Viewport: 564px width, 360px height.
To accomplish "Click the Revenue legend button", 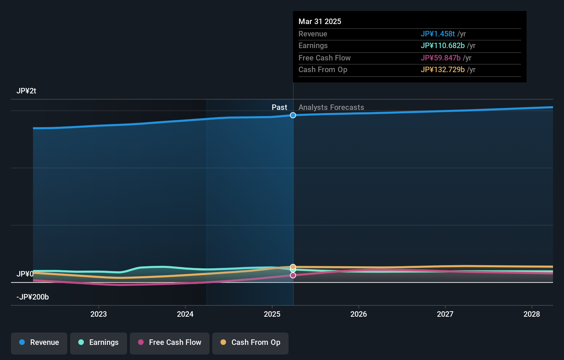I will (39, 342).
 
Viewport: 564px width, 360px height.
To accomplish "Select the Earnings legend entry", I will (99, 342).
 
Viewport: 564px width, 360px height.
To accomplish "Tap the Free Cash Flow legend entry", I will (170, 342).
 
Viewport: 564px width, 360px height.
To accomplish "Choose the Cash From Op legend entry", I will (250, 342).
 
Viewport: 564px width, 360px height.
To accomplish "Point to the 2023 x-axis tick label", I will (99, 314).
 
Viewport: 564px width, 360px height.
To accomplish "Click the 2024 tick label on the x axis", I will (185, 314).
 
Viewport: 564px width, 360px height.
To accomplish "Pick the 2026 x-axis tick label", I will (359, 314).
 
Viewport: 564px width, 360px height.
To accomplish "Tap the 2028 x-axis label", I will (531, 314).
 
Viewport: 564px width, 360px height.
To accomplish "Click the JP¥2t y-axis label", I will (26, 91).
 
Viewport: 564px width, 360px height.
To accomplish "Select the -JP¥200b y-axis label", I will (33, 297).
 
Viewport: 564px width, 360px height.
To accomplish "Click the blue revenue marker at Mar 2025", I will (293, 115).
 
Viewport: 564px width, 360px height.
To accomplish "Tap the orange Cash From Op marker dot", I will (293, 267).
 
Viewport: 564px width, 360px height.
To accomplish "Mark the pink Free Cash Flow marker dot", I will (293, 275).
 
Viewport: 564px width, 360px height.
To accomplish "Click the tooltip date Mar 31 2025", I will (320, 21).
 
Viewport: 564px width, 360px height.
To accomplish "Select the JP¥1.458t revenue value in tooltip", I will (438, 34).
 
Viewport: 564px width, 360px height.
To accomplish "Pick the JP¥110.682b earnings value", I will (442, 45).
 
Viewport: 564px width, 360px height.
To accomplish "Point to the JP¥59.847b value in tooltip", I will (440, 58).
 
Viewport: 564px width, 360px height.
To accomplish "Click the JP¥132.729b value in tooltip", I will (442, 69).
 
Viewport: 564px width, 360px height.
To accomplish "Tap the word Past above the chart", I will (279, 107).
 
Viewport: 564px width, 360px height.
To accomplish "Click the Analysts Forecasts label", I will (331, 107).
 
